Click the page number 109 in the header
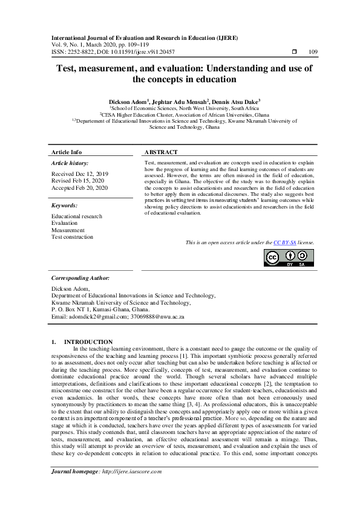coord(313,51)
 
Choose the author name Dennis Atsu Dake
coord(237,101)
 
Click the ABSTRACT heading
coord(162,152)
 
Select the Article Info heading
coord(67,152)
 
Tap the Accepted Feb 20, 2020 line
coord(79,188)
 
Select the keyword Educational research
coord(77,216)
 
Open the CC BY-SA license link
coord(286,242)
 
